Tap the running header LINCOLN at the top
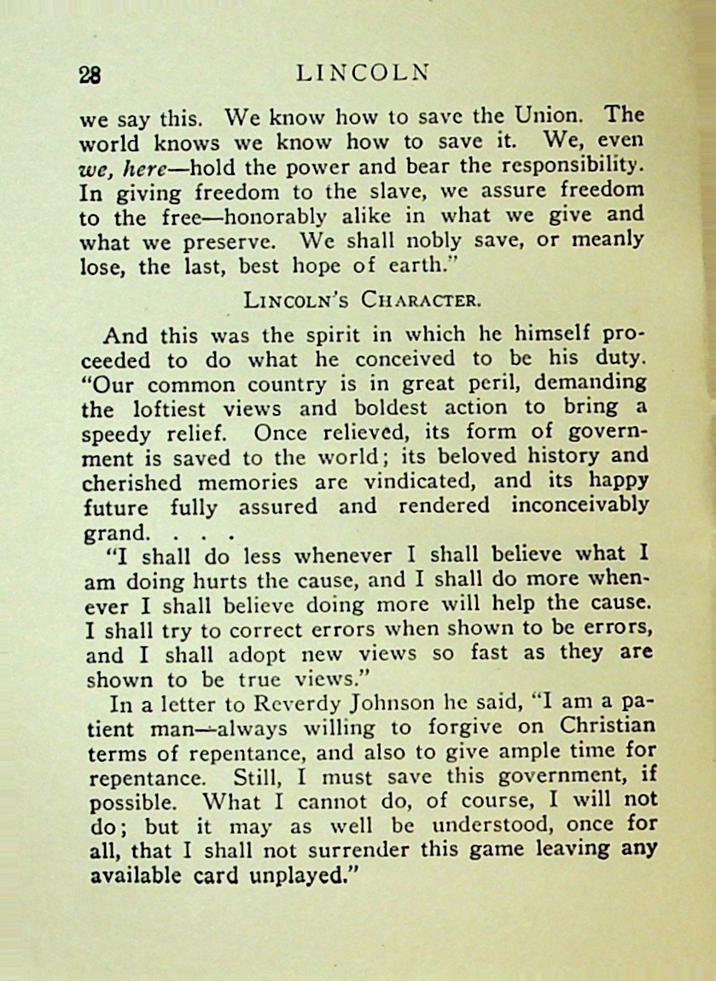click(362, 73)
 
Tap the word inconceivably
click(580, 505)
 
